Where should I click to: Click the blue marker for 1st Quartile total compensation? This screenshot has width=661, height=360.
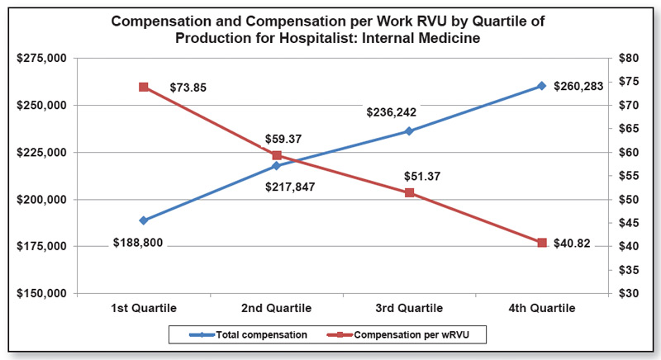coord(144,220)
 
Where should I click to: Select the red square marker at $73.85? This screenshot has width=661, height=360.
coord(144,87)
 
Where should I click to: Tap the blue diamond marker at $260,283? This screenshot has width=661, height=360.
coord(542,86)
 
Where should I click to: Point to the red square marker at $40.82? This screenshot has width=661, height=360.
coord(542,243)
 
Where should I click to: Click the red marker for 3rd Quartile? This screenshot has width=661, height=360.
coord(409,192)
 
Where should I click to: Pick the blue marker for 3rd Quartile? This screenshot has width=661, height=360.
coord(409,131)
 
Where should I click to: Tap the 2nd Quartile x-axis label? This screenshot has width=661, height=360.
coord(277,308)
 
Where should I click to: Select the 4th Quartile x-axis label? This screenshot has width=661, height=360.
coord(542,308)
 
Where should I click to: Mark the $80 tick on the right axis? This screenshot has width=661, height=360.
coord(629,59)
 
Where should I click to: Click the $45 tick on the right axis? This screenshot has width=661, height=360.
coord(629,223)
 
